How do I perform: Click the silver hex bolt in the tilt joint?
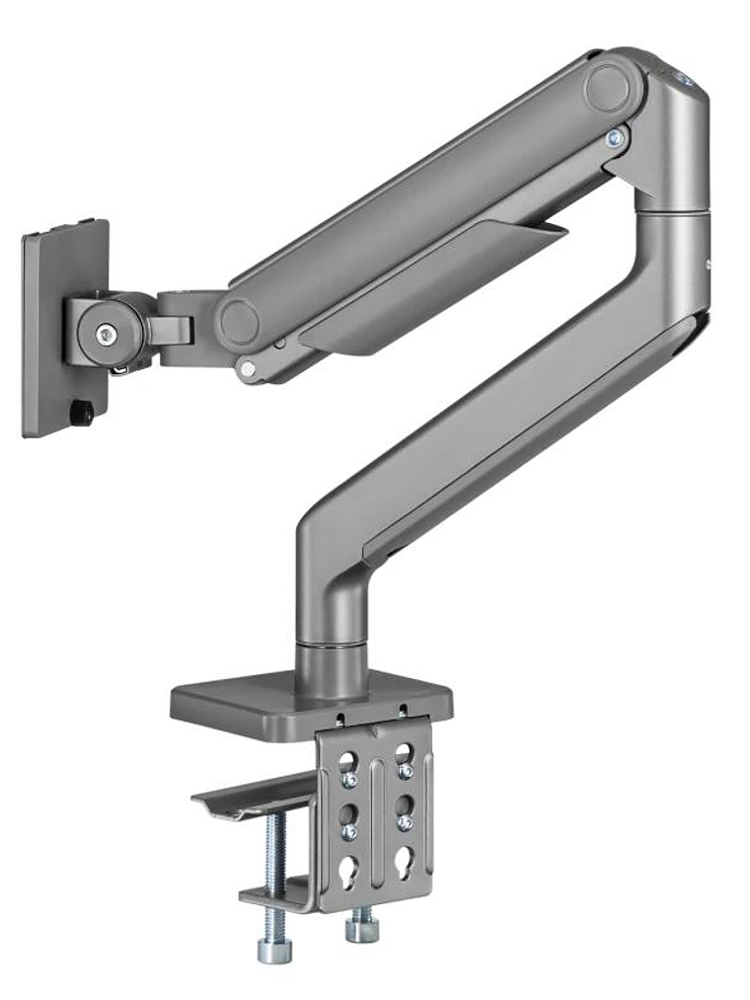click(x=106, y=335)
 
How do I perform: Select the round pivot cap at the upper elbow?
click(x=614, y=88)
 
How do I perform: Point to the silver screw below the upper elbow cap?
click(x=616, y=139)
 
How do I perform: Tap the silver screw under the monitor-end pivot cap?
click(x=248, y=368)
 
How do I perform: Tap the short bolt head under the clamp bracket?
click(x=360, y=928)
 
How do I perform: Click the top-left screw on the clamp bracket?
click(x=349, y=781)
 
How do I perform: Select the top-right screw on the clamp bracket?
click(x=405, y=771)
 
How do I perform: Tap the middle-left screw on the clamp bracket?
click(x=349, y=832)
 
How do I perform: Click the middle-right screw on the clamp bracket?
click(x=404, y=821)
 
